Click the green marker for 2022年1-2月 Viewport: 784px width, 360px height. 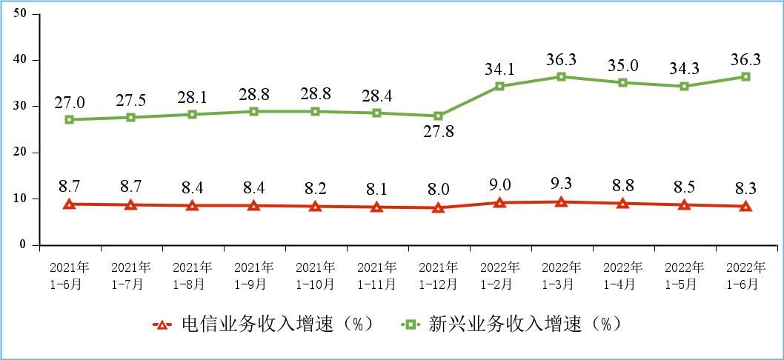(x=500, y=86)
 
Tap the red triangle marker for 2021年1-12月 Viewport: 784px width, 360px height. (x=439, y=208)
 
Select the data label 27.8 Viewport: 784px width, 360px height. (x=439, y=133)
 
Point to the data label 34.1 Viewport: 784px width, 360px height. (x=500, y=70)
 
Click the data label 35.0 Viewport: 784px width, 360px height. (x=623, y=65)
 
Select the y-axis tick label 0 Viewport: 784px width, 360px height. (x=23, y=244)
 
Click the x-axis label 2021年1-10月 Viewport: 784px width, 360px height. (x=316, y=275)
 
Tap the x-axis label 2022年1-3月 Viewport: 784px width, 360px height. (x=562, y=275)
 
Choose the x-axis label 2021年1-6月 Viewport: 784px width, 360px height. (x=70, y=275)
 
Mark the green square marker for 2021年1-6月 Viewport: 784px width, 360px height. (x=70, y=119)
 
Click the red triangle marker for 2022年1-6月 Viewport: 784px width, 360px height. (x=745, y=207)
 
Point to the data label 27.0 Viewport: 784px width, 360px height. (x=70, y=102)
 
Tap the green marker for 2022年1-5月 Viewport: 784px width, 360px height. (x=684, y=86)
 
